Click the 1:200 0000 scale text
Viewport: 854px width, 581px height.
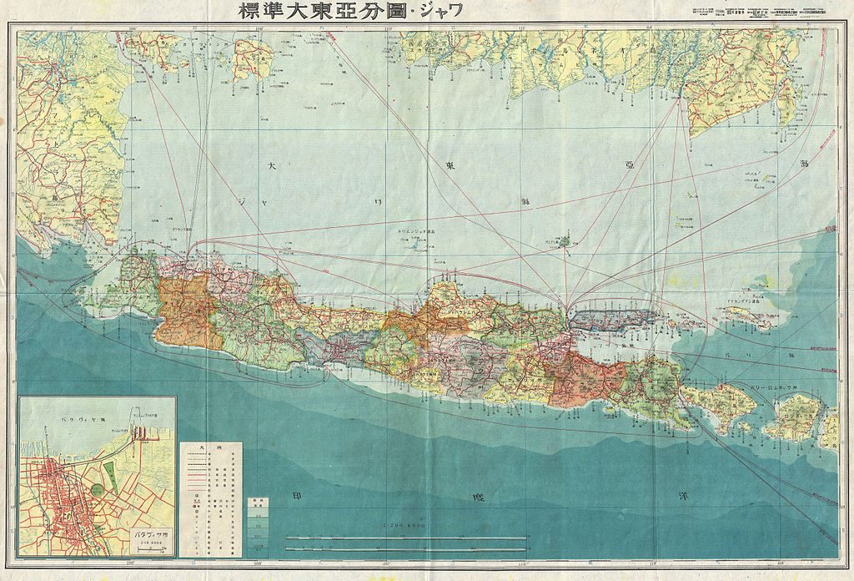pos(407,526)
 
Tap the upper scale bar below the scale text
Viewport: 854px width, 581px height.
pos(406,537)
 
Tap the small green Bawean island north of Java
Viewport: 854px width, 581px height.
pos(564,241)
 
